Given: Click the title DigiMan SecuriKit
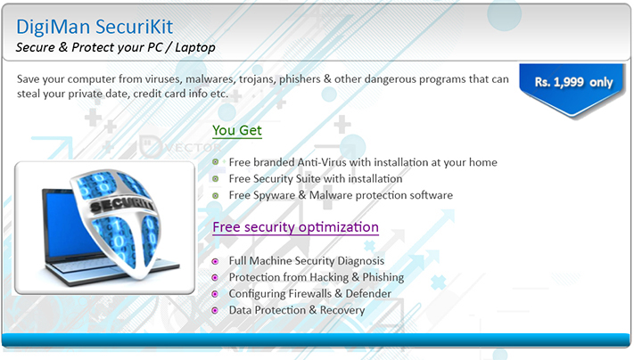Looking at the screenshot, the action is (x=95, y=27).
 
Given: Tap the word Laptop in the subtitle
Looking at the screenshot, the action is (x=195, y=48).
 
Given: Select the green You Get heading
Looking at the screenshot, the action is (x=237, y=130).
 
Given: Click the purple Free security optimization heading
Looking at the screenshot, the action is (x=295, y=227).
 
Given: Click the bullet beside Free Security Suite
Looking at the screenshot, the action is (x=216, y=178).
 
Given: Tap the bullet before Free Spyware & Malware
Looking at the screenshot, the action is (x=216, y=195).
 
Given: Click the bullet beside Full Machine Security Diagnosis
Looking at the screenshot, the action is (x=215, y=261).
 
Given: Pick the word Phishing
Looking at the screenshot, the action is (x=383, y=278).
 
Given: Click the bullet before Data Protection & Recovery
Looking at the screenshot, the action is (x=215, y=310).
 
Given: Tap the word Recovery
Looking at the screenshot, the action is (x=342, y=310).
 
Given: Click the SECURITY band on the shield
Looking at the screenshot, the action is (x=121, y=206).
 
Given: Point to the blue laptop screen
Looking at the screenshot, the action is (x=65, y=226).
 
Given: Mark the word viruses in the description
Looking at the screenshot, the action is (x=164, y=79).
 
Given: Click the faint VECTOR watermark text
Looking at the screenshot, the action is (x=193, y=147).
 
